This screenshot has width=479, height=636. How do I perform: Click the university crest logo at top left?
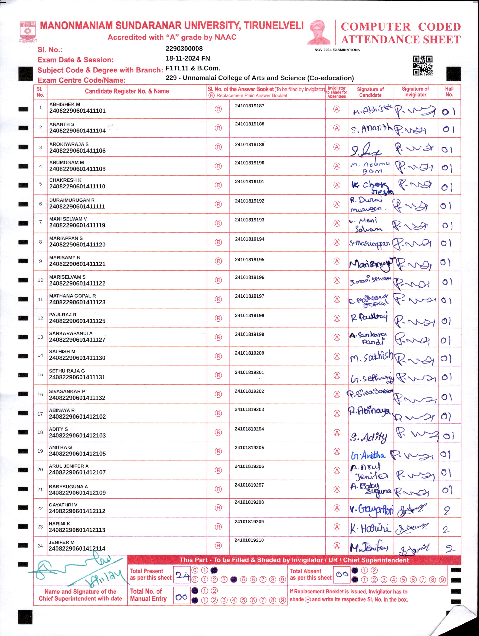(28, 32)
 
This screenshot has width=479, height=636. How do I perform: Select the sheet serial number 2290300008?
(184, 49)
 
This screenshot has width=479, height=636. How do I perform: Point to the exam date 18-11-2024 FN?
(188, 58)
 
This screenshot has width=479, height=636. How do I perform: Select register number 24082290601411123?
(77, 302)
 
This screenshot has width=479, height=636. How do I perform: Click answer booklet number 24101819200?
(249, 353)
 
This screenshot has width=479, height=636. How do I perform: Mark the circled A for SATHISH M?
(337, 356)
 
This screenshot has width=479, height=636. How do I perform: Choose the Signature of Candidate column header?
(370, 92)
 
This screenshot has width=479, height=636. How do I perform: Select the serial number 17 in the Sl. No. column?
(40, 414)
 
